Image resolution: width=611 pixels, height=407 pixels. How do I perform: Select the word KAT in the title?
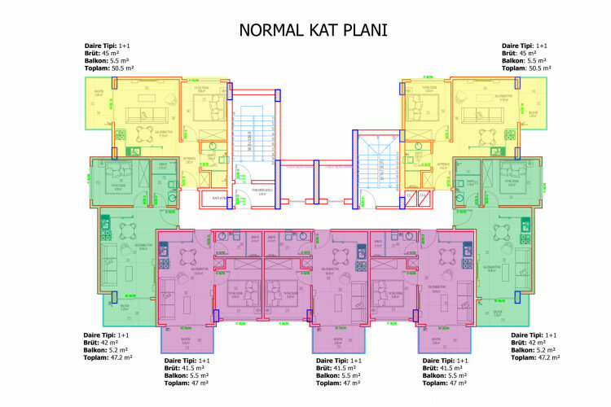click(x=319, y=31)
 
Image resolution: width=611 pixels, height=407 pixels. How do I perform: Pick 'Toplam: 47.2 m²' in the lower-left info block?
click(x=109, y=357)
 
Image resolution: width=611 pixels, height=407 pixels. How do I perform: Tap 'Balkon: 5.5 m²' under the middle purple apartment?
click(x=341, y=374)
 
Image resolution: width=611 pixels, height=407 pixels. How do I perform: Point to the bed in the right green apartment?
click(x=512, y=173)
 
